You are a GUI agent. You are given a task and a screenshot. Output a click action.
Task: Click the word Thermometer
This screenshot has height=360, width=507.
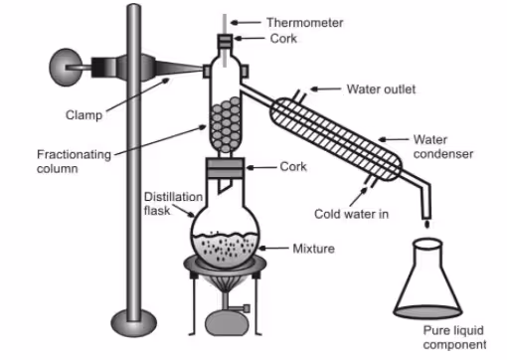pyautogui.click(x=305, y=23)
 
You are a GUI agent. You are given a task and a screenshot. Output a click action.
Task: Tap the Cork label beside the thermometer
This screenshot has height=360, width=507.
pyautogui.click(x=283, y=39)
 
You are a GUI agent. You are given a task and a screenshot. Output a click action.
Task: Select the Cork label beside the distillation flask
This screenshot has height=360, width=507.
pyautogui.click(x=293, y=166)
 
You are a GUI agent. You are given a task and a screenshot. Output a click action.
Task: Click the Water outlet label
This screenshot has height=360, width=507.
pyautogui.click(x=381, y=90)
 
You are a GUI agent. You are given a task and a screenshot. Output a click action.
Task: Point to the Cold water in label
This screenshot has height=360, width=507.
pyautogui.click(x=351, y=214)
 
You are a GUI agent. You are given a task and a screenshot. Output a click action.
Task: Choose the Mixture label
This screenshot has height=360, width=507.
pyautogui.click(x=313, y=249)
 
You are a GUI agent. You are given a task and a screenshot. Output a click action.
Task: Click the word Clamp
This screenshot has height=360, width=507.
pyautogui.click(x=84, y=115)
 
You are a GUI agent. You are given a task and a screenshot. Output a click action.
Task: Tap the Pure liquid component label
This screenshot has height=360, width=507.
pyautogui.click(x=454, y=337)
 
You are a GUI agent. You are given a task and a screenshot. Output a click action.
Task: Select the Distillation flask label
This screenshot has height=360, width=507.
pyautogui.click(x=173, y=204)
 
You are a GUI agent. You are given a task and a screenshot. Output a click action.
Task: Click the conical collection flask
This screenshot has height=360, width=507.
pyautogui.click(x=427, y=278)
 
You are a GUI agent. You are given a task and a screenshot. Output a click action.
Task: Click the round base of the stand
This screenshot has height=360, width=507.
pyautogui.click(x=133, y=323)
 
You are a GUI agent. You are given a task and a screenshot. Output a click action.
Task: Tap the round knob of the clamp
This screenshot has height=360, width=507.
pyautogui.click(x=66, y=68)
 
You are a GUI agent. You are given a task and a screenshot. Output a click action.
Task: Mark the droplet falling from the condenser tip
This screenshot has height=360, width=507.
pyautogui.click(x=426, y=225)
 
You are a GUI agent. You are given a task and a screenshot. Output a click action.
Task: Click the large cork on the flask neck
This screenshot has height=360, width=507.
pyautogui.click(x=226, y=168)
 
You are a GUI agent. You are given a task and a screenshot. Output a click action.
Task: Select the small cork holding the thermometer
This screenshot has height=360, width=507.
pyautogui.click(x=225, y=41)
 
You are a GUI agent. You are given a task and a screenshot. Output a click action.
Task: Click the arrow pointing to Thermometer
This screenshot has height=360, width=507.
pyautogui.click(x=246, y=23)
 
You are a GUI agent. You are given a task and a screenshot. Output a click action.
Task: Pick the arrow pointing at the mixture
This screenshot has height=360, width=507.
pyautogui.click(x=273, y=248)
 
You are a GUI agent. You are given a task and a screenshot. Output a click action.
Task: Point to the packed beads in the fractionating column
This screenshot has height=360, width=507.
pyautogui.click(x=226, y=124)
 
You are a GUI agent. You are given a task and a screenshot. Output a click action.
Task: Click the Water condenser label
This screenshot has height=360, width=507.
pyautogui.click(x=443, y=146)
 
